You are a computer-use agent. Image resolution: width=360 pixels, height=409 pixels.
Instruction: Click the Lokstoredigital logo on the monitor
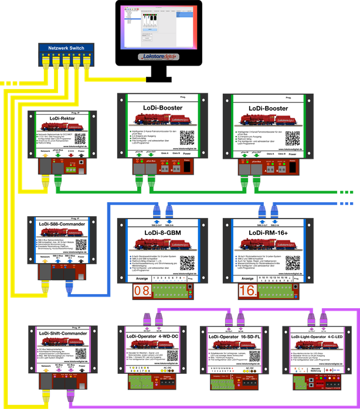(159, 57)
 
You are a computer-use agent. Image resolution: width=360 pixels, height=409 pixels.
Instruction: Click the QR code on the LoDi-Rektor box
(80, 138)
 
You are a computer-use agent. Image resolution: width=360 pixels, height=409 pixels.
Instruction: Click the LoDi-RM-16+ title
(265, 233)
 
